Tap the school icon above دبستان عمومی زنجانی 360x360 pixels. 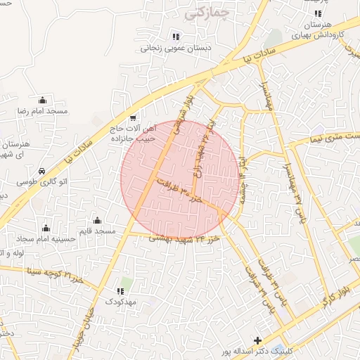[x=175, y=37]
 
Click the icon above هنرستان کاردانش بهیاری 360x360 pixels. [x=318, y=13]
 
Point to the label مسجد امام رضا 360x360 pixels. [x=43, y=112]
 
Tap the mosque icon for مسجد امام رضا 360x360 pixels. [x=43, y=100]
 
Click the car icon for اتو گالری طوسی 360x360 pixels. [x=42, y=171]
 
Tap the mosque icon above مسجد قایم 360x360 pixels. [x=96, y=221]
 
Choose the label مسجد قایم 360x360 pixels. [x=96, y=231]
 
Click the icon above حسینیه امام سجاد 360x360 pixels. [x=46, y=228]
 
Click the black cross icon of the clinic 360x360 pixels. [x=257, y=341]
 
